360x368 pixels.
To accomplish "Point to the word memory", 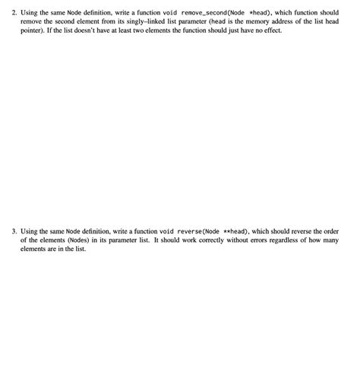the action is pyautogui.click(x=261, y=23).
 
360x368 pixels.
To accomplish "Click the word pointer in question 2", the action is pyautogui.click(x=32, y=32).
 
